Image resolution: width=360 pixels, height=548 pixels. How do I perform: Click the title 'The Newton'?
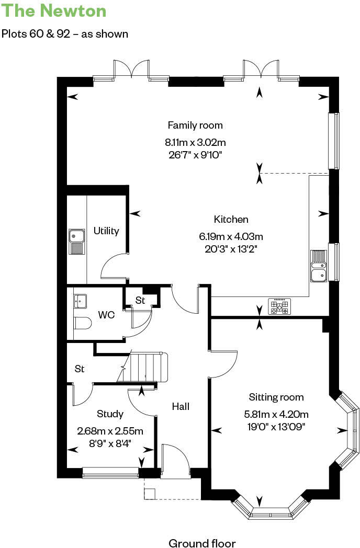click(x=54, y=11)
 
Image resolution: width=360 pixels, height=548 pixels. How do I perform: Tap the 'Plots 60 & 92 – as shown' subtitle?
click(x=65, y=34)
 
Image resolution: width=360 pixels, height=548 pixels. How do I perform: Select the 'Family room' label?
click(x=195, y=125)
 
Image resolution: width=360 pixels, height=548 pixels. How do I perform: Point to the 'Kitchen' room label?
click(x=231, y=220)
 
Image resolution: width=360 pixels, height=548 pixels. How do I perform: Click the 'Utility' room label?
click(x=106, y=231)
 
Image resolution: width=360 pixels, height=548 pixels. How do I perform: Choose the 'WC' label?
click(x=106, y=316)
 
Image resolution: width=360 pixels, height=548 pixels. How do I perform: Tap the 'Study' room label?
click(x=110, y=414)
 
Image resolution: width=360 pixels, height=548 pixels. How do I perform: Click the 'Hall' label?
click(x=181, y=406)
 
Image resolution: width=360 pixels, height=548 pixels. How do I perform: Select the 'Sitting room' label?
click(x=276, y=397)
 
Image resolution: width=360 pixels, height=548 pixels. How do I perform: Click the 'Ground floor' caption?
click(x=202, y=543)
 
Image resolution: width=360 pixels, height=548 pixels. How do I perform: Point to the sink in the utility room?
click(x=76, y=241)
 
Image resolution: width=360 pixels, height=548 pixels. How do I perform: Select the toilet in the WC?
click(x=82, y=323)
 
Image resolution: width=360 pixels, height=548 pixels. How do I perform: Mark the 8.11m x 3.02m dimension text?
click(x=195, y=142)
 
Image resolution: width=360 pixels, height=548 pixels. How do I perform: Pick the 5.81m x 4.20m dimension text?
click(x=276, y=415)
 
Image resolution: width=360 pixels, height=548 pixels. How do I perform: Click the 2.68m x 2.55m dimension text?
click(x=110, y=431)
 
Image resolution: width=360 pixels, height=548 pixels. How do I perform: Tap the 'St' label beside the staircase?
click(x=80, y=369)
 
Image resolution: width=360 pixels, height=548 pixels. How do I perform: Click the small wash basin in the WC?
click(x=80, y=301)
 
